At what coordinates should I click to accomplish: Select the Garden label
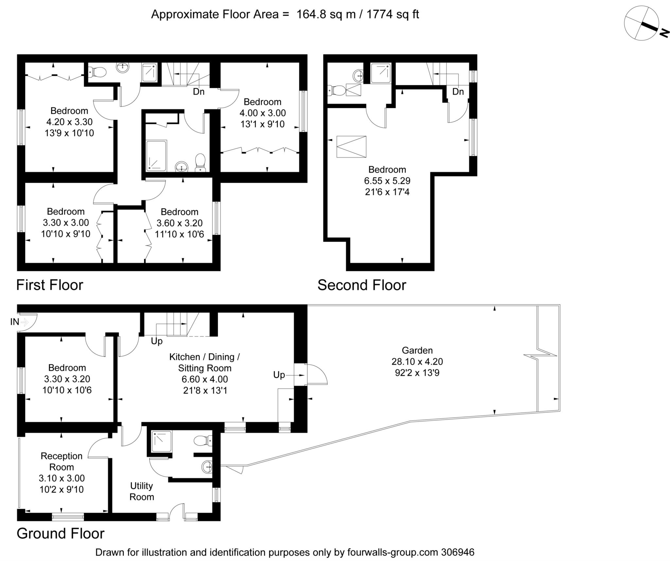coord(417,350)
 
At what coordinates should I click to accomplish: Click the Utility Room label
coord(142,491)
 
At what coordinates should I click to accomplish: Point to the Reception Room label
coord(62,462)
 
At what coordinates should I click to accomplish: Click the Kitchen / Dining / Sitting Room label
coord(204,362)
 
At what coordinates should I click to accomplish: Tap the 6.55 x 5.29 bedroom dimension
coord(387,181)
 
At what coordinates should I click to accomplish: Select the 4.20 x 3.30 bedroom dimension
coord(69,122)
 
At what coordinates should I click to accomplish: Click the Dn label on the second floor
coord(458,92)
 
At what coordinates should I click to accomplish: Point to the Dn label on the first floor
coord(199,92)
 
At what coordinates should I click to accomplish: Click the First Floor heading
coord(50,285)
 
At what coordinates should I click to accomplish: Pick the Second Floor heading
coord(362,285)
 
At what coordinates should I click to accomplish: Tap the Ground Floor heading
coord(61,534)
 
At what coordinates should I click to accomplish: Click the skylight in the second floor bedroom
coord(351,147)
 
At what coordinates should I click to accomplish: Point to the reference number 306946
coord(458,552)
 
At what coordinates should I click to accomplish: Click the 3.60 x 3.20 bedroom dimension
coord(180,223)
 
